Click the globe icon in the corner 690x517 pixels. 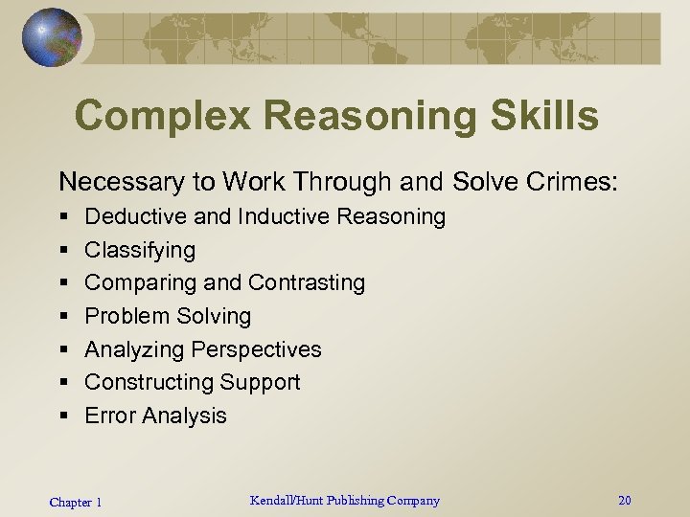(x=51, y=37)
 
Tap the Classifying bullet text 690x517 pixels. (x=140, y=251)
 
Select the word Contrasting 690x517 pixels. (x=307, y=283)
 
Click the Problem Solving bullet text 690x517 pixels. (x=168, y=316)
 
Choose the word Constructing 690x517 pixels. (x=149, y=382)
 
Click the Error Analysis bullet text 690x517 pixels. (x=155, y=416)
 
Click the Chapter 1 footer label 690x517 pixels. (x=76, y=502)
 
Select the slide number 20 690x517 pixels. (x=625, y=500)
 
